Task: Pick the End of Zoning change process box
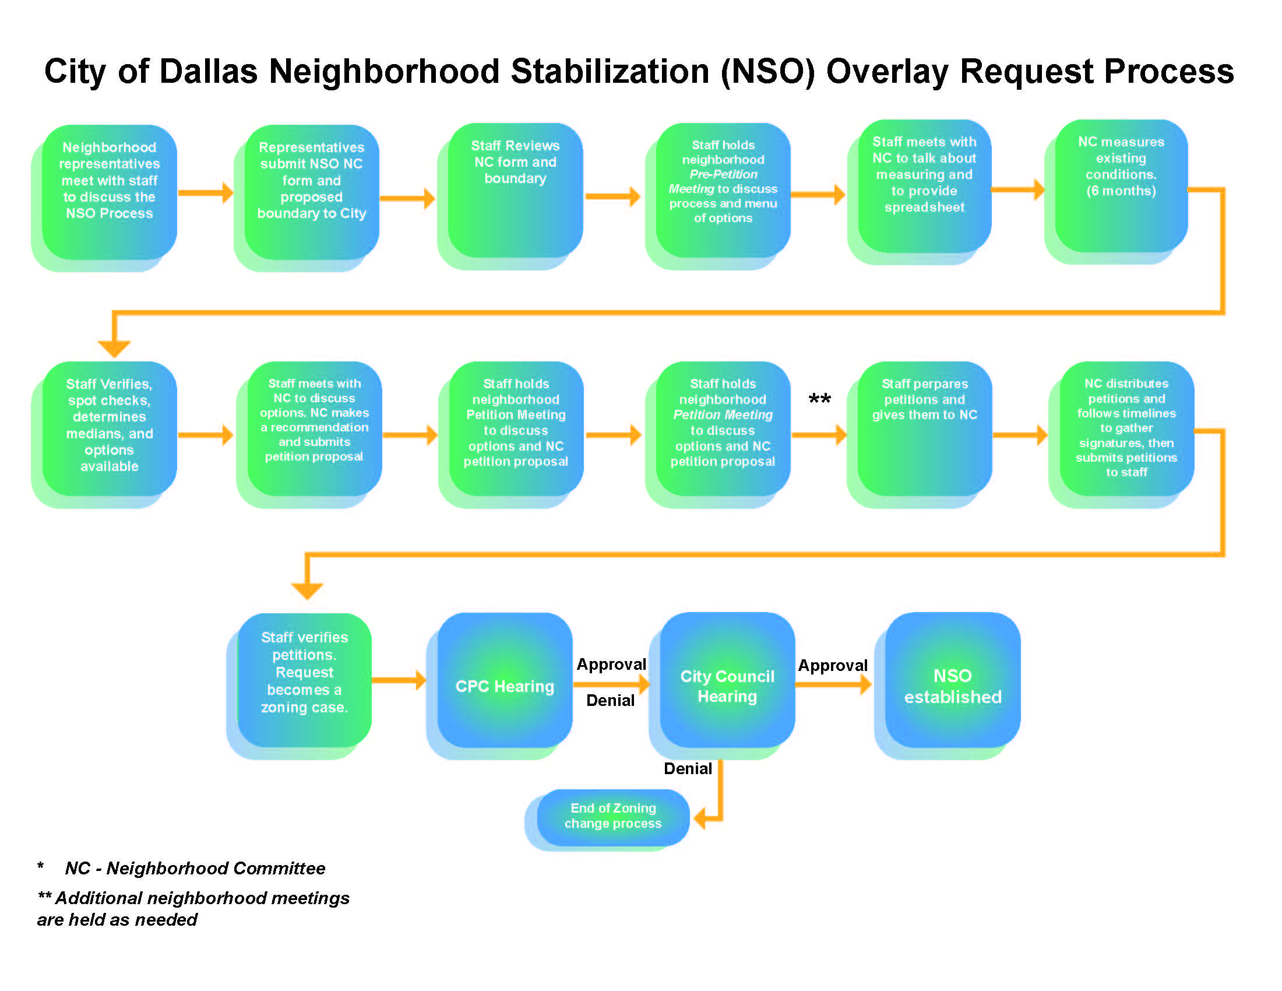[x=612, y=816]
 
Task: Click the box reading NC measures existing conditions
[x=1121, y=187]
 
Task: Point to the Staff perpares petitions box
[x=925, y=428]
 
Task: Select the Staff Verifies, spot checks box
[x=109, y=428]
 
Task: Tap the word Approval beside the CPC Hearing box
[x=611, y=665]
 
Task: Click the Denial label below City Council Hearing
[x=688, y=768]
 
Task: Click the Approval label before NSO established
[x=832, y=666]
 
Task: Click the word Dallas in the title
[x=209, y=72]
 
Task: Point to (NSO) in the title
[x=768, y=72]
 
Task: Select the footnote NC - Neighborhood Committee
[x=194, y=869]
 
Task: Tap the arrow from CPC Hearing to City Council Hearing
[x=611, y=684]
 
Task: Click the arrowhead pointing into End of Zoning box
[x=700, y=818]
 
